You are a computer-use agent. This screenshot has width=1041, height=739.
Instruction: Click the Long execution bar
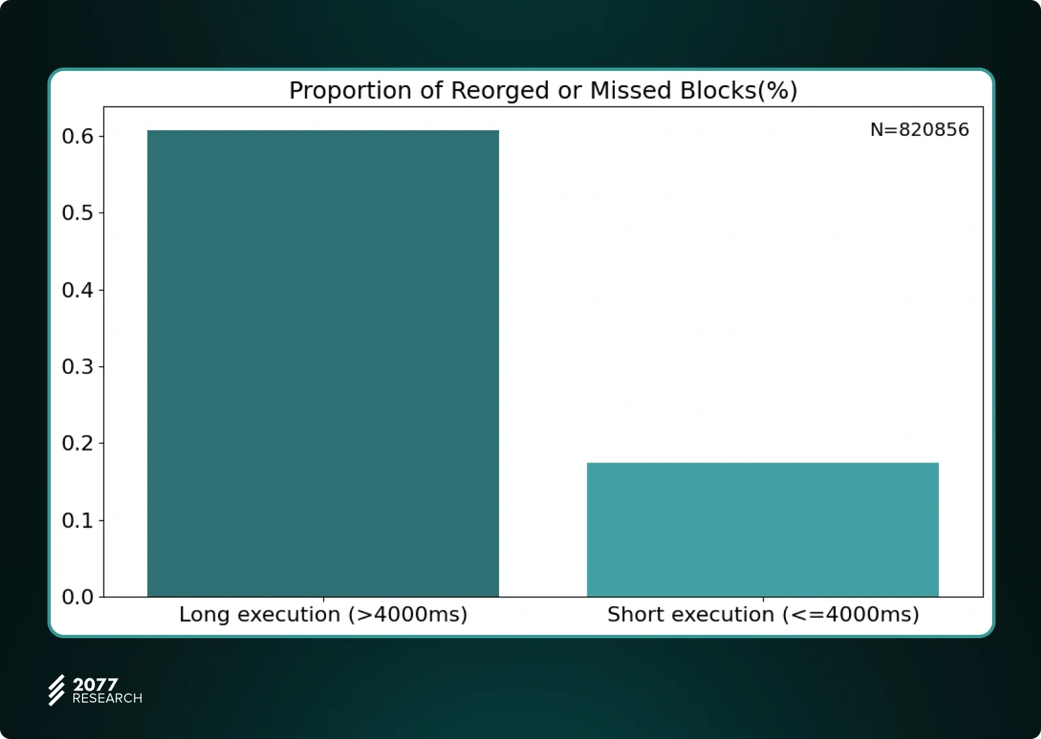tap(323, 363)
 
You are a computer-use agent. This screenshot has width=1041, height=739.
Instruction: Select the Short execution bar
tap(763, 530)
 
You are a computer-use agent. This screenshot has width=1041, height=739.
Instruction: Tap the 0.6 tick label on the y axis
tap(77, 136)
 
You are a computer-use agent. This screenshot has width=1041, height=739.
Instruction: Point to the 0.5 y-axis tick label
tap(77, 213)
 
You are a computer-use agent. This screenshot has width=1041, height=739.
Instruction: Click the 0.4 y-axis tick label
tap(77, 290)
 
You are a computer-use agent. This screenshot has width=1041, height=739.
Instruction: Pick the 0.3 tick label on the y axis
tap(77, 367)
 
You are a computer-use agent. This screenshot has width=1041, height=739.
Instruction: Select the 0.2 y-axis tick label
tap(77, 444)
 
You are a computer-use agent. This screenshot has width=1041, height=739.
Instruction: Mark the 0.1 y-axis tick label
tap(77, 520)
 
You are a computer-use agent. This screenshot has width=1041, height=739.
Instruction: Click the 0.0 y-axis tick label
tap(77, 597)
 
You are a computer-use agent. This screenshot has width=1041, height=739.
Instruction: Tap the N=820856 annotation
tap(920, 129)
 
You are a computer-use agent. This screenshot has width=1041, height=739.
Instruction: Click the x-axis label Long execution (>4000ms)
tap(323, 615)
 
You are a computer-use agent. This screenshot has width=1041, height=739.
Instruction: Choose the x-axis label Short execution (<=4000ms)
tap(763, 615)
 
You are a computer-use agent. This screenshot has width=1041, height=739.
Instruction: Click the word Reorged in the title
tap(500, 91)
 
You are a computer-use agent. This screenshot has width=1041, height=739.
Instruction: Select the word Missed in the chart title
tap(630, 90)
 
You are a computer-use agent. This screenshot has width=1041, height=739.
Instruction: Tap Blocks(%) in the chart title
tap(738, 91)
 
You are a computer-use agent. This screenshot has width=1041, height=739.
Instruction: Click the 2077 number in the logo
tap(95, 684)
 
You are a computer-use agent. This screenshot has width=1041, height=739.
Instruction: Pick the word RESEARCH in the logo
tap(107, 698)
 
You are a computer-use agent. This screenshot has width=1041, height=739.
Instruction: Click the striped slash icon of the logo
tap(57, 690)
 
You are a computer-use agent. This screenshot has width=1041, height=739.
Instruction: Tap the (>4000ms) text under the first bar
tap(408, 615)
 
